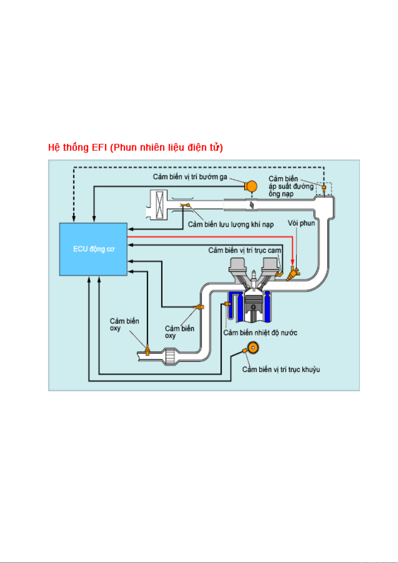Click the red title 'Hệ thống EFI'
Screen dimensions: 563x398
coord(135,148)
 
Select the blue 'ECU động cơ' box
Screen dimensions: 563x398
coord(93,249)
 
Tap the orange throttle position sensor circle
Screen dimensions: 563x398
coord(251,186)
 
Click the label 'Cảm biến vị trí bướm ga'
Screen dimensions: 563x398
coord(190,177)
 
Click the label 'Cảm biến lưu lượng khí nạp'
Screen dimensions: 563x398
coord(231,225)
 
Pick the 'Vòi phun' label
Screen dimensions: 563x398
coord(301,223)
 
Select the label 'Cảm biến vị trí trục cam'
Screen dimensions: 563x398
coord(244,250)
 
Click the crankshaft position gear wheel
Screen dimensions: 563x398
coord(253,348)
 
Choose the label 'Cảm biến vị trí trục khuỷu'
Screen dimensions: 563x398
coord(281,370)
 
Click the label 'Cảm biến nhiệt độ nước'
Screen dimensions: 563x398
coord(260,333)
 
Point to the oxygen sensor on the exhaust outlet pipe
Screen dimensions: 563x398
coord(147,350)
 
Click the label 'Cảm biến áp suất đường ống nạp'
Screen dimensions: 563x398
coord(290,186)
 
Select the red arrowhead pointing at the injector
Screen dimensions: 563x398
coord(292,262)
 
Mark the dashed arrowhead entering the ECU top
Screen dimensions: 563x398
coord(74,219)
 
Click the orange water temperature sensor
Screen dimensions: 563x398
coord(228,304)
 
